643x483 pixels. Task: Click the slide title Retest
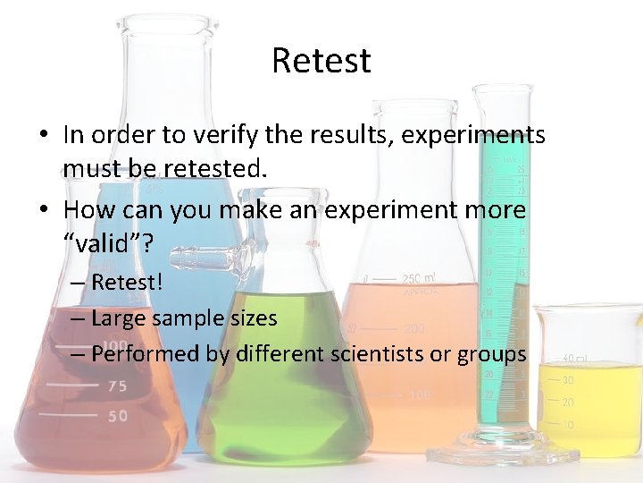(321, 62)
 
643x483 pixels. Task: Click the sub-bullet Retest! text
(125, 284)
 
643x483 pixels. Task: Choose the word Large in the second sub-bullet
(119, 318)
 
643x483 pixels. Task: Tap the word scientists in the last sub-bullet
(376, 353)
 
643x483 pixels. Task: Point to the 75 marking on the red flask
(116, 386)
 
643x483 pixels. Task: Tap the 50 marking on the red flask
(117, 416)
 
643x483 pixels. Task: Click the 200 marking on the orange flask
(412, 329)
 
